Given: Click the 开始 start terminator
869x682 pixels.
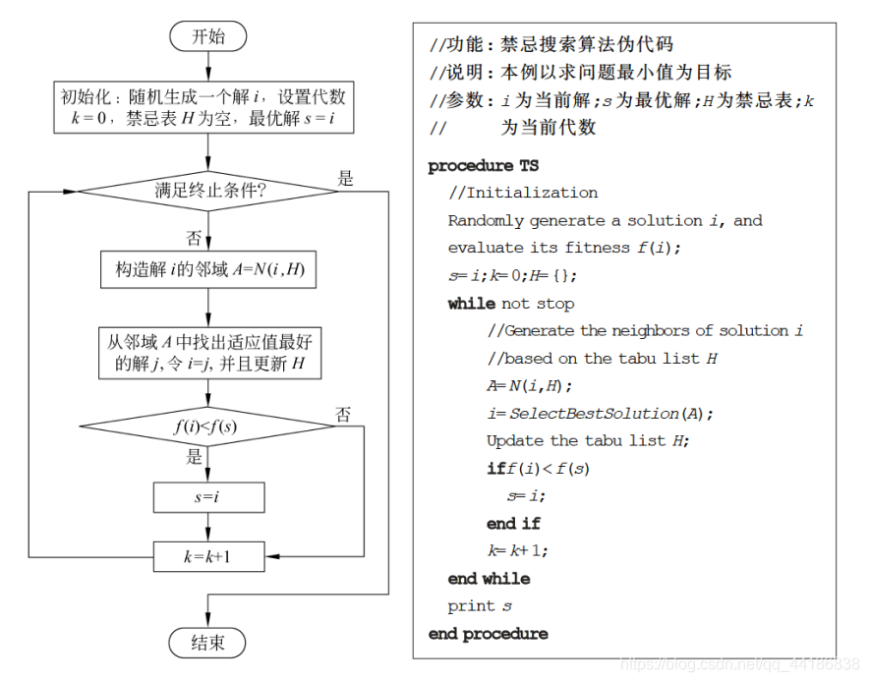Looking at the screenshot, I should click(208, 36).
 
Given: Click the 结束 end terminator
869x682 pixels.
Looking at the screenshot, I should click(208, 643).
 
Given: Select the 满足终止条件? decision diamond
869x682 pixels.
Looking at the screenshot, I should click(208, 190).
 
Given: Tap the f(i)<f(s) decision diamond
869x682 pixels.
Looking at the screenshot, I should click(208, 426).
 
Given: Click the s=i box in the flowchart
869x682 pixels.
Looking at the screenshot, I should click(208, 497).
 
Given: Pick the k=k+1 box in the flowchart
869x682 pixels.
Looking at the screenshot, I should click(208, 557).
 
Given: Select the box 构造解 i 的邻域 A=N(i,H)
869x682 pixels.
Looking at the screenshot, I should click(208, 270).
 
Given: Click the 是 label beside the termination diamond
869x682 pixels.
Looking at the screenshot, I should click(346, 179).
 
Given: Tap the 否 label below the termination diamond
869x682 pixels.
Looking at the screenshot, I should click(195, 237).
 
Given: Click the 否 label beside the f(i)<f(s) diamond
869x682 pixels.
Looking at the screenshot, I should click(343, 415).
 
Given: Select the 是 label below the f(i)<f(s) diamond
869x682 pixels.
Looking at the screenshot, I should click(195, 457).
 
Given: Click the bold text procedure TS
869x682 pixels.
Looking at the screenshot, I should click(483, 166).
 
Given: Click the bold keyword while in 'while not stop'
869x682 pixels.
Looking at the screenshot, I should click(472, 304).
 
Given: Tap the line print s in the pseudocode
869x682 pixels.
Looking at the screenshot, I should click(480, 606).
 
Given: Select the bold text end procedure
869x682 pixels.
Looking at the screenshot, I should click(488, 634).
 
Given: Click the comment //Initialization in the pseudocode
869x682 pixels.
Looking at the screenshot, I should click(523, 193).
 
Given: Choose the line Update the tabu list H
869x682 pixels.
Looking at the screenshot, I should click(588, 440).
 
